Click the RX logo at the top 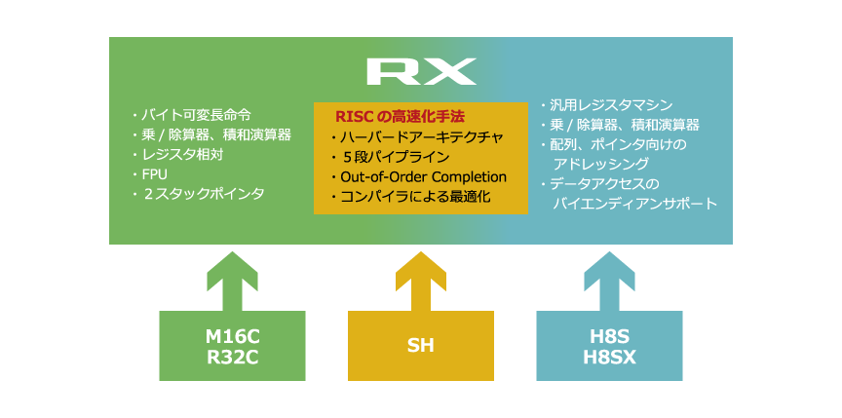pos(421,71)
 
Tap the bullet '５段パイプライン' pos(396,157)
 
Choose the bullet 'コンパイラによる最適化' pos(415,197)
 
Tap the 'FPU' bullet pos(155,173)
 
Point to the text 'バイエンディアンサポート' pos(634,204)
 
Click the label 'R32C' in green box pos(232,357)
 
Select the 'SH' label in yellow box pos(421,347)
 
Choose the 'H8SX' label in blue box pos(609,357)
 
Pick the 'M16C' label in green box pos(232,337)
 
